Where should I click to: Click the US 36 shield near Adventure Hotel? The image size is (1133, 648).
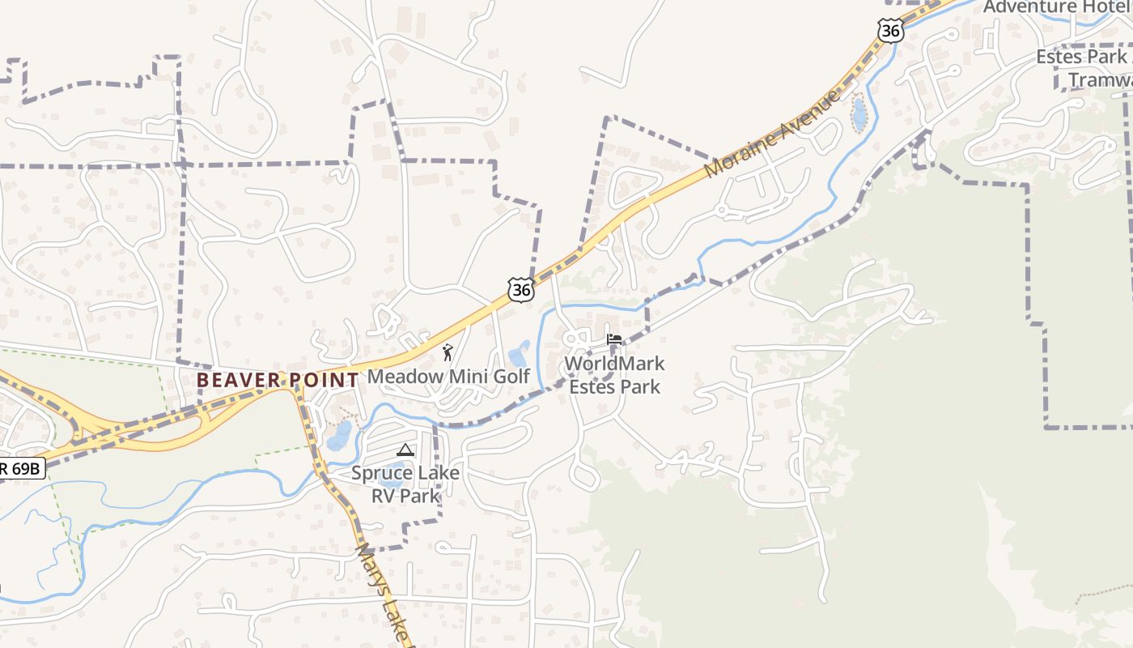click(890, 31)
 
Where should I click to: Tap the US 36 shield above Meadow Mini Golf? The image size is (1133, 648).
click(521, 289)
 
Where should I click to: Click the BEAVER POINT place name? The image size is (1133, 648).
click(278, 380)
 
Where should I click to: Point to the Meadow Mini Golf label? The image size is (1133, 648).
click(448, 377)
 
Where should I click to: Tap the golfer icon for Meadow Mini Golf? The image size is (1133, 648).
click(448, 352)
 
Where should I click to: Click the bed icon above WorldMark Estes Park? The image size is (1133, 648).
click(614, 340)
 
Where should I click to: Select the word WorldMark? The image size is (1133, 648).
click(614, 364)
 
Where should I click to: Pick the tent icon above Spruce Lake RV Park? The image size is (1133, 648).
click(405, 450)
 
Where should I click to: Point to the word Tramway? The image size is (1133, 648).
click(1101, 79)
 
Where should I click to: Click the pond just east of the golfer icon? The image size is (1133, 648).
click(518, 355)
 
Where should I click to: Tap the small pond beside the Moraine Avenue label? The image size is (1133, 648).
click(859, 114)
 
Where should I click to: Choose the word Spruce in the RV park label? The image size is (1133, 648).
click(380, 473)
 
